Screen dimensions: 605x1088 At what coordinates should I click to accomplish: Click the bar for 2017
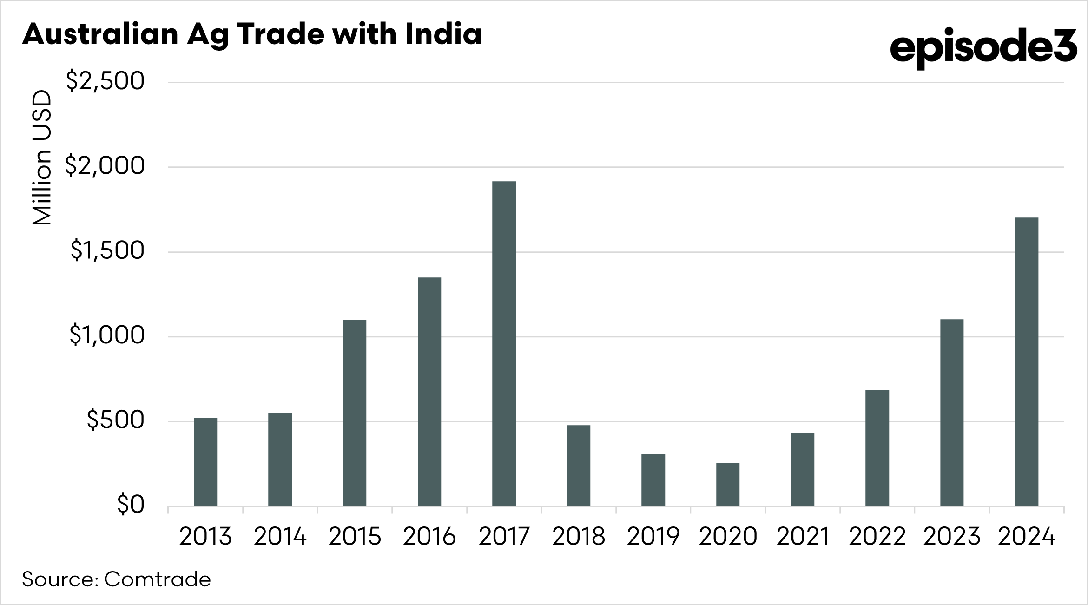click(504, 343)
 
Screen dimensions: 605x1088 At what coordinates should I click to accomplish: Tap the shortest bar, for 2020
click(727, 484)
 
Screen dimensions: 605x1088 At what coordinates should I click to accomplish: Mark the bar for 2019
click(653, 480)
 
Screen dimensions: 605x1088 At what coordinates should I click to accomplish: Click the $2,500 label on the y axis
click(106, 81)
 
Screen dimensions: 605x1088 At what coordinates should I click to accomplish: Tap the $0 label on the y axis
click(131, 505)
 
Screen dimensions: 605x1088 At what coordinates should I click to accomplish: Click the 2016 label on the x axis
click(429, 537)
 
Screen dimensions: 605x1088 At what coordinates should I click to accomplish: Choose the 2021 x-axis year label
click(803, 537)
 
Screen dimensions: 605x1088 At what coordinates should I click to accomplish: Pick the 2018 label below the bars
click(579, 537)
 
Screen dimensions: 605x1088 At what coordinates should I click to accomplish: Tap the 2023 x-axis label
click(952, 537)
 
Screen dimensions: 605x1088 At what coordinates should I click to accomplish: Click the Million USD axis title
click(42, 158)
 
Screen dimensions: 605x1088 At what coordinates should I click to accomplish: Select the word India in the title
click(443, 34)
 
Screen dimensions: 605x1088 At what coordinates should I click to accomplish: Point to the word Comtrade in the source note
click(157, 579)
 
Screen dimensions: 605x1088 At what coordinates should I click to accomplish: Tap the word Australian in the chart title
click(100, 34)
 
